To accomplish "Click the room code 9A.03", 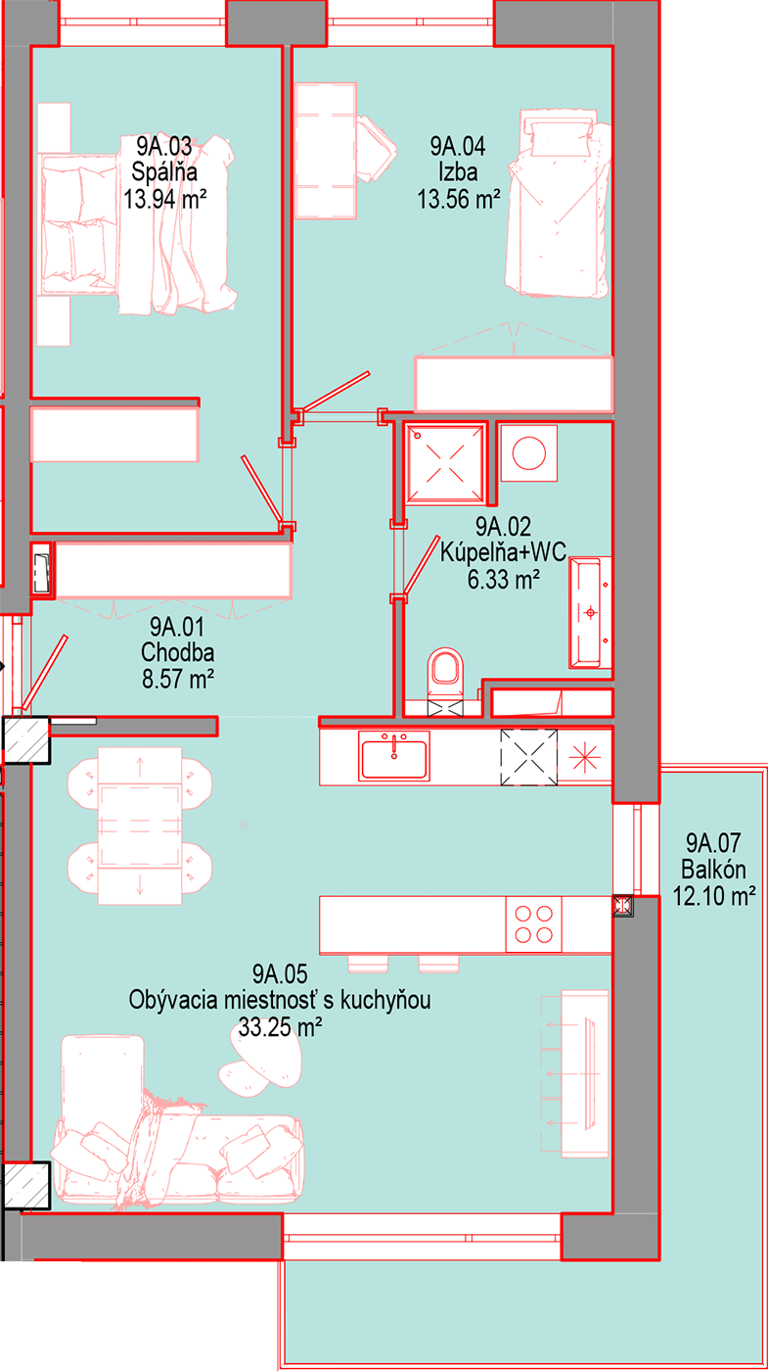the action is pyautogui.click(x=164, y=146).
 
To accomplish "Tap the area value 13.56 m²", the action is pyautogui.click(x=459, y=199).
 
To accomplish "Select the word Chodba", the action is pyautogui.click(x=177, y=652).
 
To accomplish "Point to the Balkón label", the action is pyautogui.click(x=713, y=870).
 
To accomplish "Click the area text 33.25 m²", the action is pyautogui.click(x=280, y=1026).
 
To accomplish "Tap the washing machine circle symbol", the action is pyautogui.click(x=529, y=453).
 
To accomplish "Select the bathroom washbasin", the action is pyautogui.click(x=589, y=612).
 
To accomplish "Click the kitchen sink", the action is pyautogui.click(x=394, y=756).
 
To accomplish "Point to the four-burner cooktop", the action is pyautogui.click(x=534, y=924).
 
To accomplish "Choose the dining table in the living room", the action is pyautogui.click(x=140, y=825).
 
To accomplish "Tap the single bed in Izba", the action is pyautogui.click(x=558, y=204).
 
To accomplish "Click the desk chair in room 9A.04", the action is pyautogui.click(x=376, y=148).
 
